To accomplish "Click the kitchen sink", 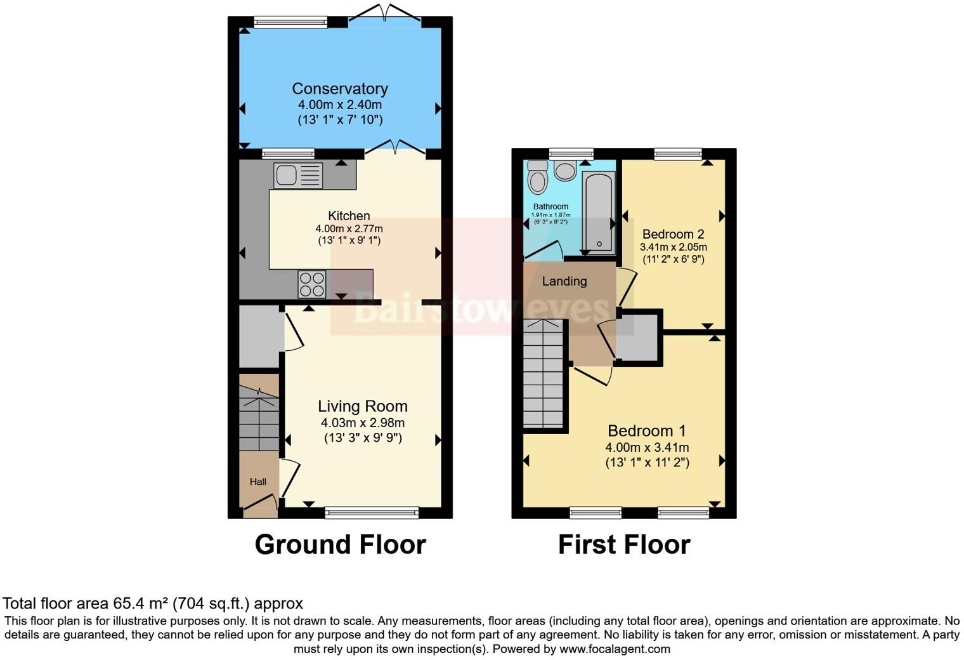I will click(298, 176).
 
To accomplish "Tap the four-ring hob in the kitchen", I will click(311, 284).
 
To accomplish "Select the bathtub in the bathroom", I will click(598, 211).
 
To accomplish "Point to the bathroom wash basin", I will click(564, 169).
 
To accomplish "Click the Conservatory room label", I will click(340, 89).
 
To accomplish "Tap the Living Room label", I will click(362, 406).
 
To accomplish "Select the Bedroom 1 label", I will click(647, 431).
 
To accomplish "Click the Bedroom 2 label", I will click(673, 234).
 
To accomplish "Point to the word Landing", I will click(564, 281).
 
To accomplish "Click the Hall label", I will click(257, 482).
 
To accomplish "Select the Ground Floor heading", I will click(340, 544).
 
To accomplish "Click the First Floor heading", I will click(624, 544).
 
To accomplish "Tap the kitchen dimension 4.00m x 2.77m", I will click(349, 228).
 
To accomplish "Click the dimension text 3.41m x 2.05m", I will click(673, 247).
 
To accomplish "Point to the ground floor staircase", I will click(259, 419).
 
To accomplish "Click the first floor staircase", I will click(544, 374).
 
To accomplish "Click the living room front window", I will click(372, 512).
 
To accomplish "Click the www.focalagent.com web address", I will click(615, 649).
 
